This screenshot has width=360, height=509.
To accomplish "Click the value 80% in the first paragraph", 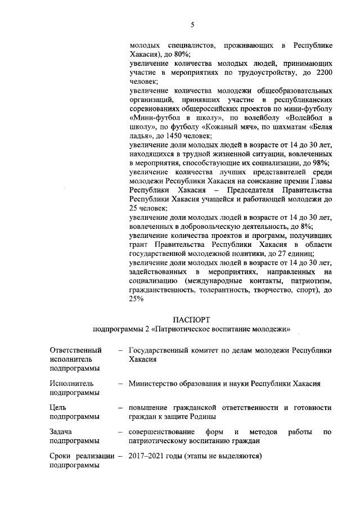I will [181, 54].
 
